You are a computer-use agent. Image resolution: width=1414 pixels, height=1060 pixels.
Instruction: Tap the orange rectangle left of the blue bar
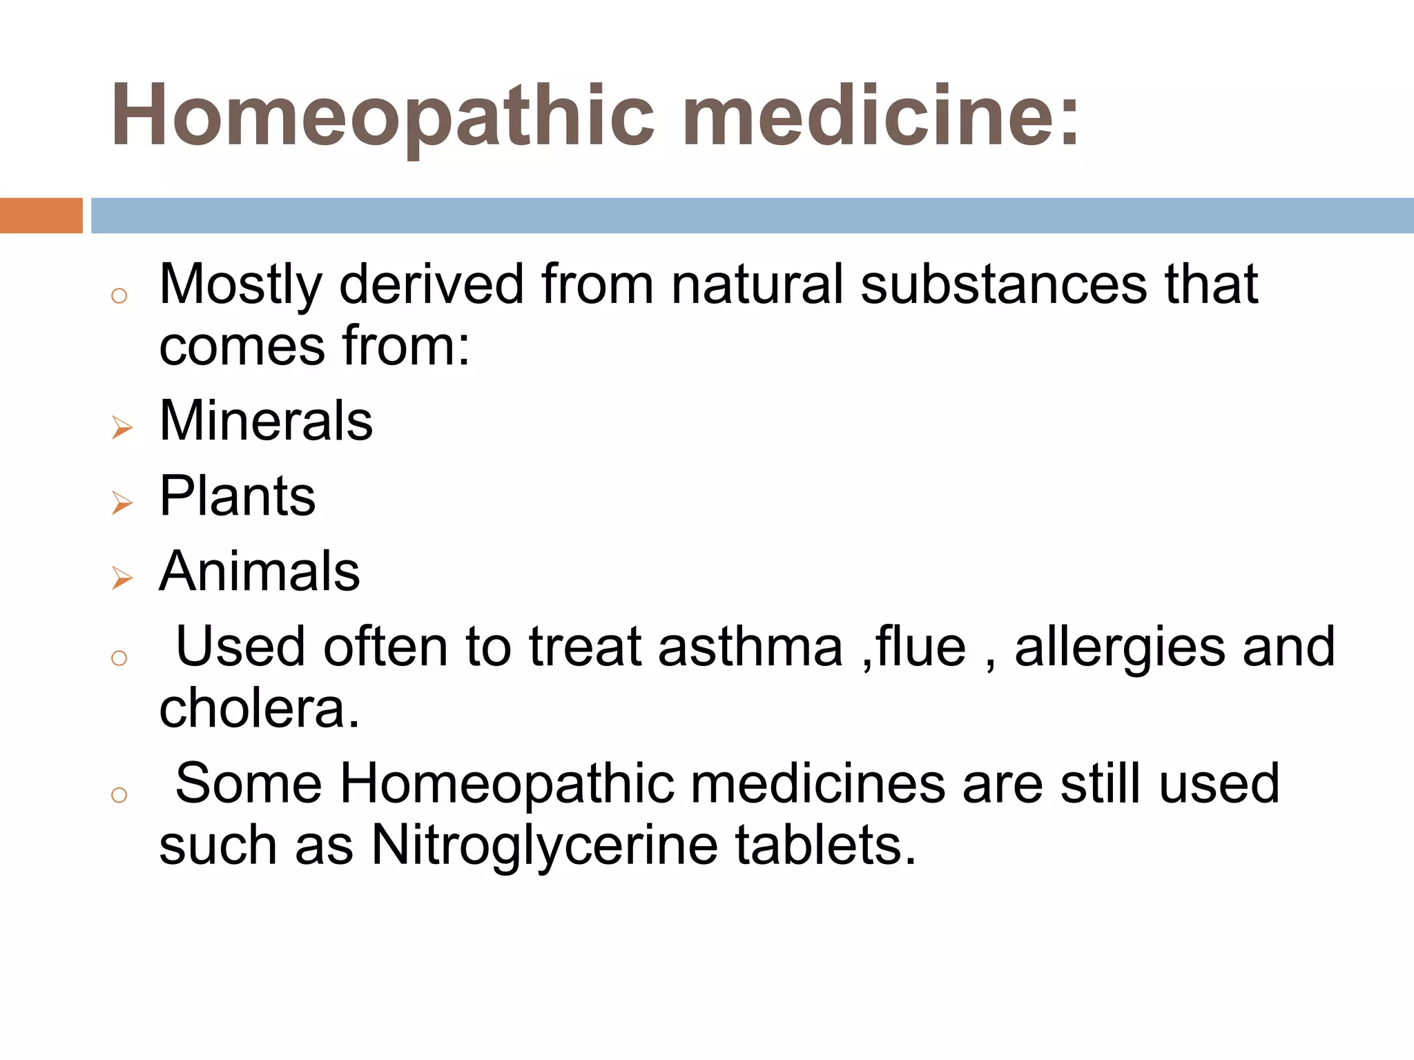[41, 215]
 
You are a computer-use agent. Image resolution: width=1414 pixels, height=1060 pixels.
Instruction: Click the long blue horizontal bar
[752, 215]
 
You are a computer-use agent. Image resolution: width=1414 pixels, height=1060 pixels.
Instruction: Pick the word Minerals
[266, 421]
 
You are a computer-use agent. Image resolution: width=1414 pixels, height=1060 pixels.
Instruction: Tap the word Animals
[260, 571]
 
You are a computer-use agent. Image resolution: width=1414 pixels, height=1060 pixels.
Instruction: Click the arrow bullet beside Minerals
[122, 428]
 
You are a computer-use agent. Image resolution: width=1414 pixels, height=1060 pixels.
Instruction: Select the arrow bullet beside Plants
[122, 503]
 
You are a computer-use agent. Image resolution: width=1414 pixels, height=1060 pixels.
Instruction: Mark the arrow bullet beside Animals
[122, 578]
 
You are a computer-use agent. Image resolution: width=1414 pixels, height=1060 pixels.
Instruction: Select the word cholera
[259, 709]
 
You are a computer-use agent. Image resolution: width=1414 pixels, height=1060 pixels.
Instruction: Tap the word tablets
[825, 845]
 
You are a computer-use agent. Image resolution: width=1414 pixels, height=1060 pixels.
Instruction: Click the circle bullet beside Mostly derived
[119, 296]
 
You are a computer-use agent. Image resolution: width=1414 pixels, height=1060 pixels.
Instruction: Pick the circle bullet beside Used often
[119, 658]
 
